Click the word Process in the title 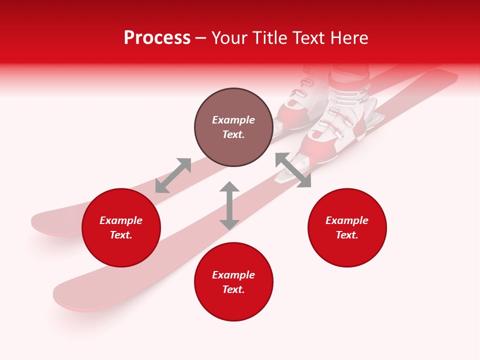[x=157, y=38]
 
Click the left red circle [x=121, y=228]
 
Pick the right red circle [x=347, y=228]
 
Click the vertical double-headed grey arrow [x=229, y=206]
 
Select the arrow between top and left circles [x=173, y=175]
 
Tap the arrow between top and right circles [x=293, y=170]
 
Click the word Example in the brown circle [x=233, y=120]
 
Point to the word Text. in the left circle [x=121, y=235]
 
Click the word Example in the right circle [x=347, y=220]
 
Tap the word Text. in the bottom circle [x=233, y=289]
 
